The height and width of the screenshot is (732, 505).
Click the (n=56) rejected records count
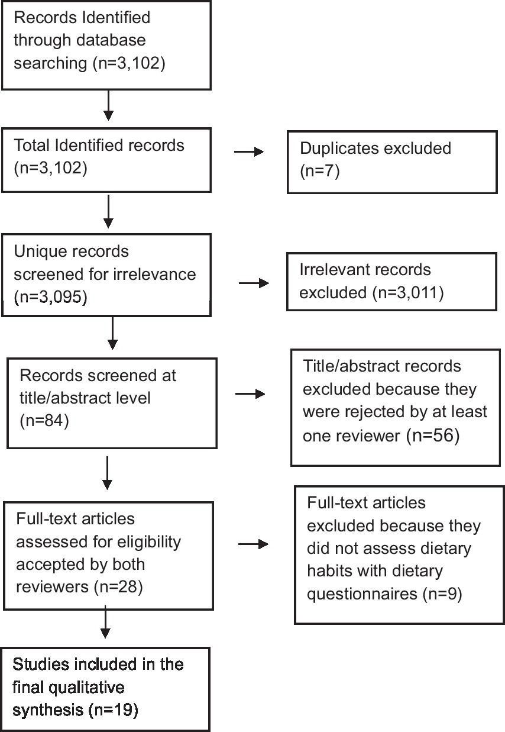pos(434,437)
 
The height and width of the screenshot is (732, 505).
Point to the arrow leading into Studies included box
pos(105,624)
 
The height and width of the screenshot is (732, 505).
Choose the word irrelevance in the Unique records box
pos(160,275)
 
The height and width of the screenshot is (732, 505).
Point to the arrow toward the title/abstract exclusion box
pos(252,392)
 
